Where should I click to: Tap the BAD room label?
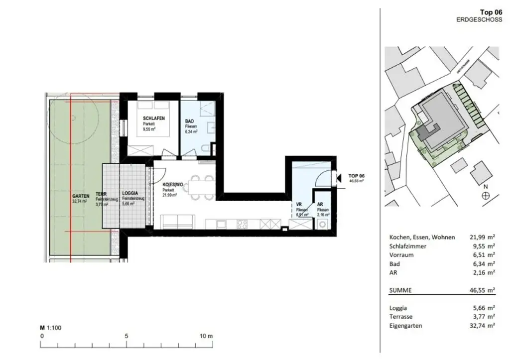pos(189,121)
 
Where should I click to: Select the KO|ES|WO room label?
pos(172,184)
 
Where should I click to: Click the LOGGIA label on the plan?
pos(130,193)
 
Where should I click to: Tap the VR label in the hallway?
pos(299,205)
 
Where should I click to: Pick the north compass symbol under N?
pos(486,196)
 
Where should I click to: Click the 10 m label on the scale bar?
pos(207,336)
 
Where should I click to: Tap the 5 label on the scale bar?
pos(127,336)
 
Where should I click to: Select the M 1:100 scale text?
pos(50,328)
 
